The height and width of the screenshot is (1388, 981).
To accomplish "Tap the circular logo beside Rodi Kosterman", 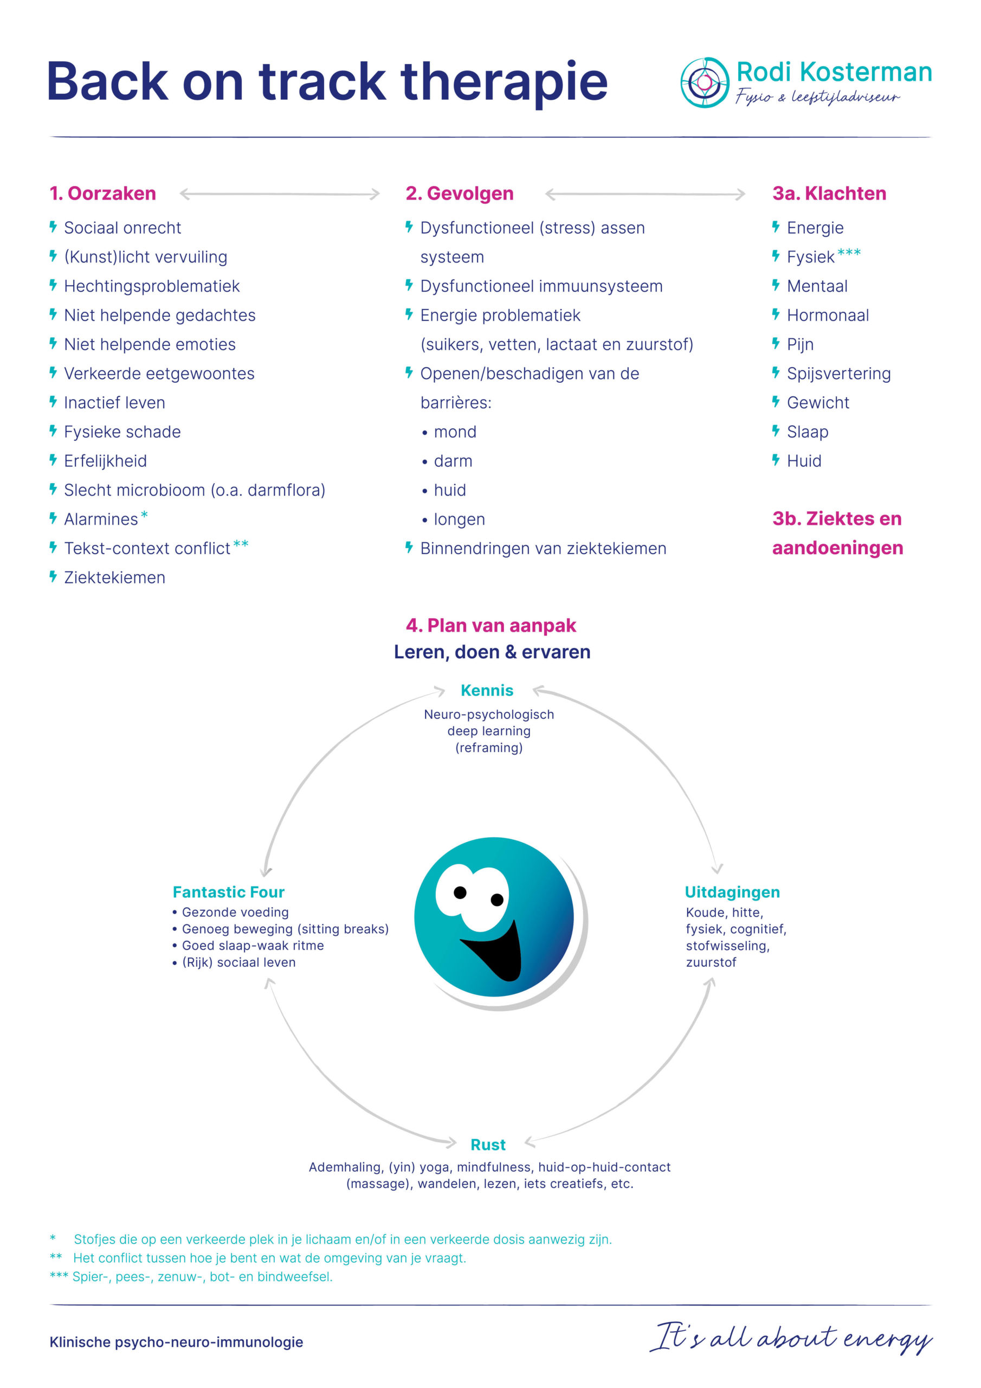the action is coord(705,82).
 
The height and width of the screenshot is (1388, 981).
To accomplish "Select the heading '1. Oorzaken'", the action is coord(103,194).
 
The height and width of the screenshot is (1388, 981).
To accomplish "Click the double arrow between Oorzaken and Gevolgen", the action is coord(280,194).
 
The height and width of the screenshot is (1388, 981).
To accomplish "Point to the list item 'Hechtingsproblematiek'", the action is coord(152,286).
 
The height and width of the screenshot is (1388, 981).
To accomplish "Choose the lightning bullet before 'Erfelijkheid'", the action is coord(53,460).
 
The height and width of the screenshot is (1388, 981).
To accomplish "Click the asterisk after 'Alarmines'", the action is coord(145,515).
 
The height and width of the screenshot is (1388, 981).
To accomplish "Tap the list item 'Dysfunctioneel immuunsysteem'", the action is coord(541,286).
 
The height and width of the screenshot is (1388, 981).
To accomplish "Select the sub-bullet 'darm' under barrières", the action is coord(453,461).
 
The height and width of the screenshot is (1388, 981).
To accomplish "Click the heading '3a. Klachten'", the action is coord(829,194).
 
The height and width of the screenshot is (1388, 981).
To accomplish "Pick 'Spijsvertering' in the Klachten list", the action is coord(838,374).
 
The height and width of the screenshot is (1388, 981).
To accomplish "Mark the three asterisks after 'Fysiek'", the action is coord(849,253).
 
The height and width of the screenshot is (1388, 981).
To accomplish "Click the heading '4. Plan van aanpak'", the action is coord(491,625).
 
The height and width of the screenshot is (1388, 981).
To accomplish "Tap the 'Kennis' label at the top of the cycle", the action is coord(487,690).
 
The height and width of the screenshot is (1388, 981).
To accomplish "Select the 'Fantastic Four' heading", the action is coord(229,892).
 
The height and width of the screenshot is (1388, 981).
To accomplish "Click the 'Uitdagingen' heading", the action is coord(732,892).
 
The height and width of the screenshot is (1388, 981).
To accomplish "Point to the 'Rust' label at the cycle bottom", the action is coord(488,1145).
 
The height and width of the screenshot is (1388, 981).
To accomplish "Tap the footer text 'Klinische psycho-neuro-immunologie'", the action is coord(177,1342).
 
